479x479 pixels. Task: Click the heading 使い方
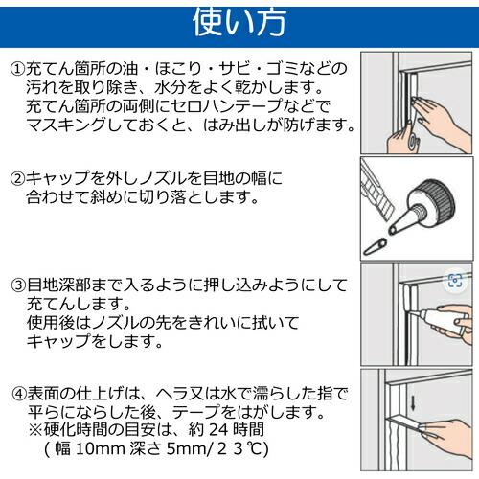[x=239, y=22]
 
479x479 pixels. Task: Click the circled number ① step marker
[x=18, y=69]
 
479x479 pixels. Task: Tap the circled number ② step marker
[x=18, y=178]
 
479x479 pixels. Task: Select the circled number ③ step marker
[x=18, y=285]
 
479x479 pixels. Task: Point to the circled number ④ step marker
[x=19, y=394]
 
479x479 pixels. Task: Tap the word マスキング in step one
[x=66, y=125]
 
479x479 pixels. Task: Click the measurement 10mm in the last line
[x=101, y=448]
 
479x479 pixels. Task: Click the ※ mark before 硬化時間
[x=35, y=430]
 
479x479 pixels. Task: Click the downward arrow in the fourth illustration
[x=413, y=403]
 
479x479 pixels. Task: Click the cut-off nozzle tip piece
[x=376, y=246]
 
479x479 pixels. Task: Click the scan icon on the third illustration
[x=455, y=281]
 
